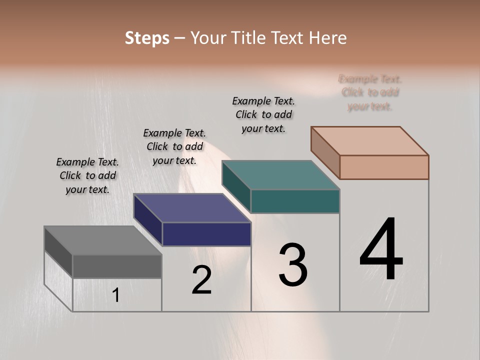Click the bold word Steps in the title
click(147, 38)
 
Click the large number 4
click(381, 250)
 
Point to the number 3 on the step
click(293, 265)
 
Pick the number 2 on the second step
click(201, 280)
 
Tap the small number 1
click(116, 295)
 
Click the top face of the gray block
click(103, 240)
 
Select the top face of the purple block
click(192, 208)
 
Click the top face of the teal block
click(280, 175)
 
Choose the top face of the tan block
click(369, 141)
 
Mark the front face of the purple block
click(206, 234)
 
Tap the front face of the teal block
click(295, 201)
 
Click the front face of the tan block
click(384, 167)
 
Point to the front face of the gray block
click(117, 266)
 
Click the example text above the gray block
click(87, 175)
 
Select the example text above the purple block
click(174, 146)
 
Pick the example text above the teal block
click(263, 114)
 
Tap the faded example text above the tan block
click(370, 92)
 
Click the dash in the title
click(179, 38)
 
